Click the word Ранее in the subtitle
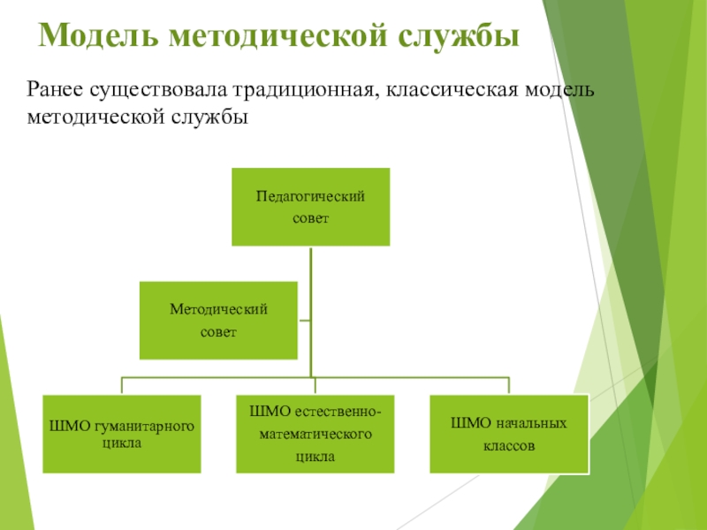56,90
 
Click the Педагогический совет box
310,207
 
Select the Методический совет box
217,320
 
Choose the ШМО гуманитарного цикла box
122,433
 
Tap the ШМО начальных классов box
508,433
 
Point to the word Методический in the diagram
218,308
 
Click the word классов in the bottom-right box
508,446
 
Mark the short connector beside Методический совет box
303,320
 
